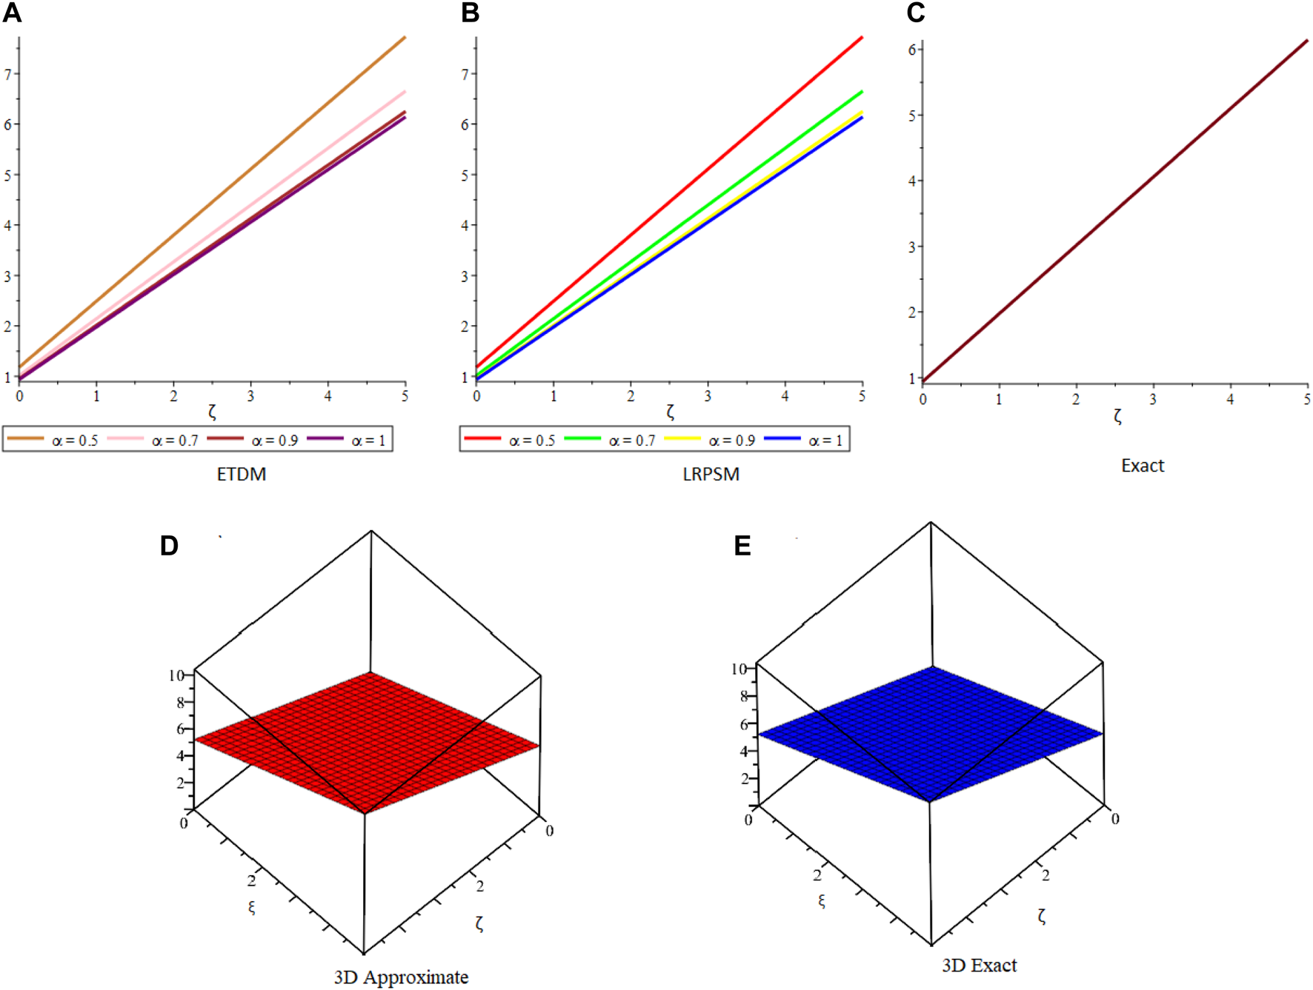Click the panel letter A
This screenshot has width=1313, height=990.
click(x=12, y=13)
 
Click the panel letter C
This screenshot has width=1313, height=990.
click(x=916, y=13)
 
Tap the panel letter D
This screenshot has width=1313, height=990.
click(x=169, y=546)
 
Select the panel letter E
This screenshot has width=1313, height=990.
click(x=742, y=546)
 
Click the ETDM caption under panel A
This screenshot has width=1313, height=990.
click(x=241, y=474)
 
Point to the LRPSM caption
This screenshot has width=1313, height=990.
click(x=711, y=474)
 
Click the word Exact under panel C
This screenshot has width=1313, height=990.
click(x=1142, y=466)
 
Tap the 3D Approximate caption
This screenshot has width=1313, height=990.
click(x=401, y=977)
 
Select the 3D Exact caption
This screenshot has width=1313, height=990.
click(x=979, y=966)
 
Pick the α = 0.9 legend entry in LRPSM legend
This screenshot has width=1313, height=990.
click(x=711, y=440)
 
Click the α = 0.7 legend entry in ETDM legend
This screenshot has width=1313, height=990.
click(x=153, y=440)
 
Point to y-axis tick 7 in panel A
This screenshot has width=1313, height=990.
click(x=8, y=74)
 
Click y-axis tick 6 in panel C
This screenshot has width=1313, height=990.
click(x=912, y=50)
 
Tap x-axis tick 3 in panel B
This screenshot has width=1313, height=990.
click(x=708, y=396)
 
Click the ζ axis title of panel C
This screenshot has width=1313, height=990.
click(x=1117, y=417)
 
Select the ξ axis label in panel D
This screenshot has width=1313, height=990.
click(x=252, y=907)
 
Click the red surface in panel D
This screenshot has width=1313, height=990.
click(x=367, y=740)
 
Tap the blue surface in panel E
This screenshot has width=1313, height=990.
click(x=931, y=733)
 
